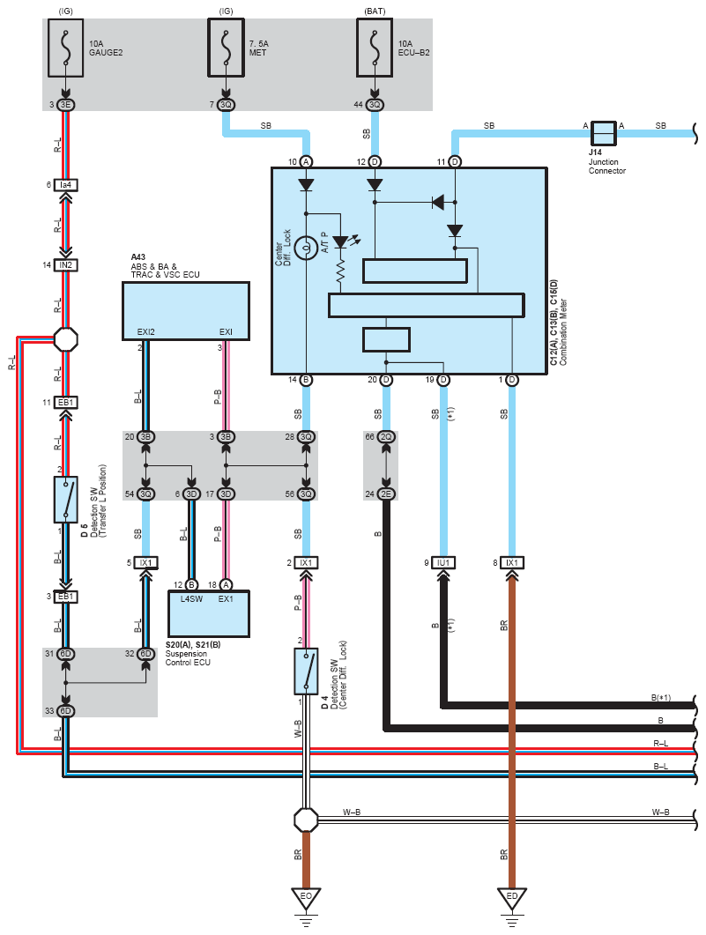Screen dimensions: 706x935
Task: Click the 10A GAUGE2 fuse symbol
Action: pyautogui.click(x=65, y=48)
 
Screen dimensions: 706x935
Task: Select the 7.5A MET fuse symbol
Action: pyautogui.click(x=226, y=48)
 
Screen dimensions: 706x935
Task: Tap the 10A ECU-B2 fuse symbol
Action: pyautogui.click(x=375, y=48)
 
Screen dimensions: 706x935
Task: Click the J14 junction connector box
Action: pyautogui.click(x=603, y=134)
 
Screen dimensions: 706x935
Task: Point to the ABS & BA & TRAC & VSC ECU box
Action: pyautogui.click(x=185, y=311)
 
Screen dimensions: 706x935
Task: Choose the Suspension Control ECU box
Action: pyautogui.click(x=209, y=613)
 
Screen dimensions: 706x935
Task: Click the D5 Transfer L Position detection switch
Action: pyautogui.click(x=66, y=499)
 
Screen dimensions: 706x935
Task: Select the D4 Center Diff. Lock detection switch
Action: pyautogui.click(x=306, y=672)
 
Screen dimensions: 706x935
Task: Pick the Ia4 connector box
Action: pyautogui.click(x=65, y=185)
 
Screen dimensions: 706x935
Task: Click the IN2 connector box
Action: pyautogui.click(x=65, y=264)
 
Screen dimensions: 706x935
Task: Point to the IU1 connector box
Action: pyautogui.click(x=443, y=562)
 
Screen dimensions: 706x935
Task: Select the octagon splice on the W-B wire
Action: pyautogui.click(x=306, y=820)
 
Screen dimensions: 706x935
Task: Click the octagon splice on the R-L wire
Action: pyautogui.click(x=65, y=339)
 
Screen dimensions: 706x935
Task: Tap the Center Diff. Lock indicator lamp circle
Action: pyautogui.click(x=306, y=248)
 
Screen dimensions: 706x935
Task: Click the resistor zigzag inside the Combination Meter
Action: pyautogui.click(x=340, y=271)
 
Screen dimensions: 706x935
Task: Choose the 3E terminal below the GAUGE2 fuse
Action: pyautogui.click(x=65, y=104)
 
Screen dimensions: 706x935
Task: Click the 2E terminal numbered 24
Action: pyautogui.click(x=386, y=493)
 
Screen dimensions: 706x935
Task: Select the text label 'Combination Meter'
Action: pyautogui.click(x=563, y=332)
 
